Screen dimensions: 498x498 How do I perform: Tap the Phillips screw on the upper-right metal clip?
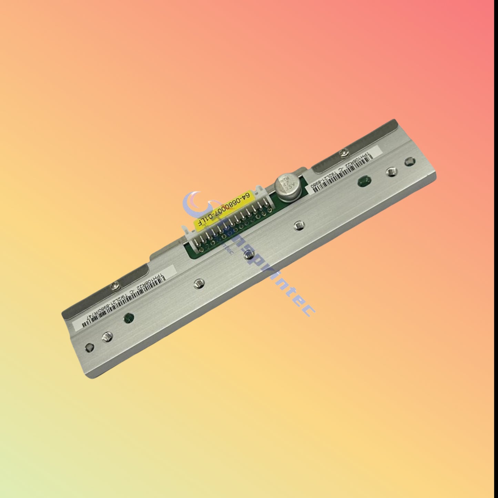[343, 151]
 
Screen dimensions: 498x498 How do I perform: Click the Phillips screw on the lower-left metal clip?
[115, 284]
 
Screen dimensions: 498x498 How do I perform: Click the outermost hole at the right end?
[409, 161]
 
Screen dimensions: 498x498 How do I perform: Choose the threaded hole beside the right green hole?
[390, 171]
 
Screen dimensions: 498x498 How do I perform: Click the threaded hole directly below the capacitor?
[298, 226]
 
